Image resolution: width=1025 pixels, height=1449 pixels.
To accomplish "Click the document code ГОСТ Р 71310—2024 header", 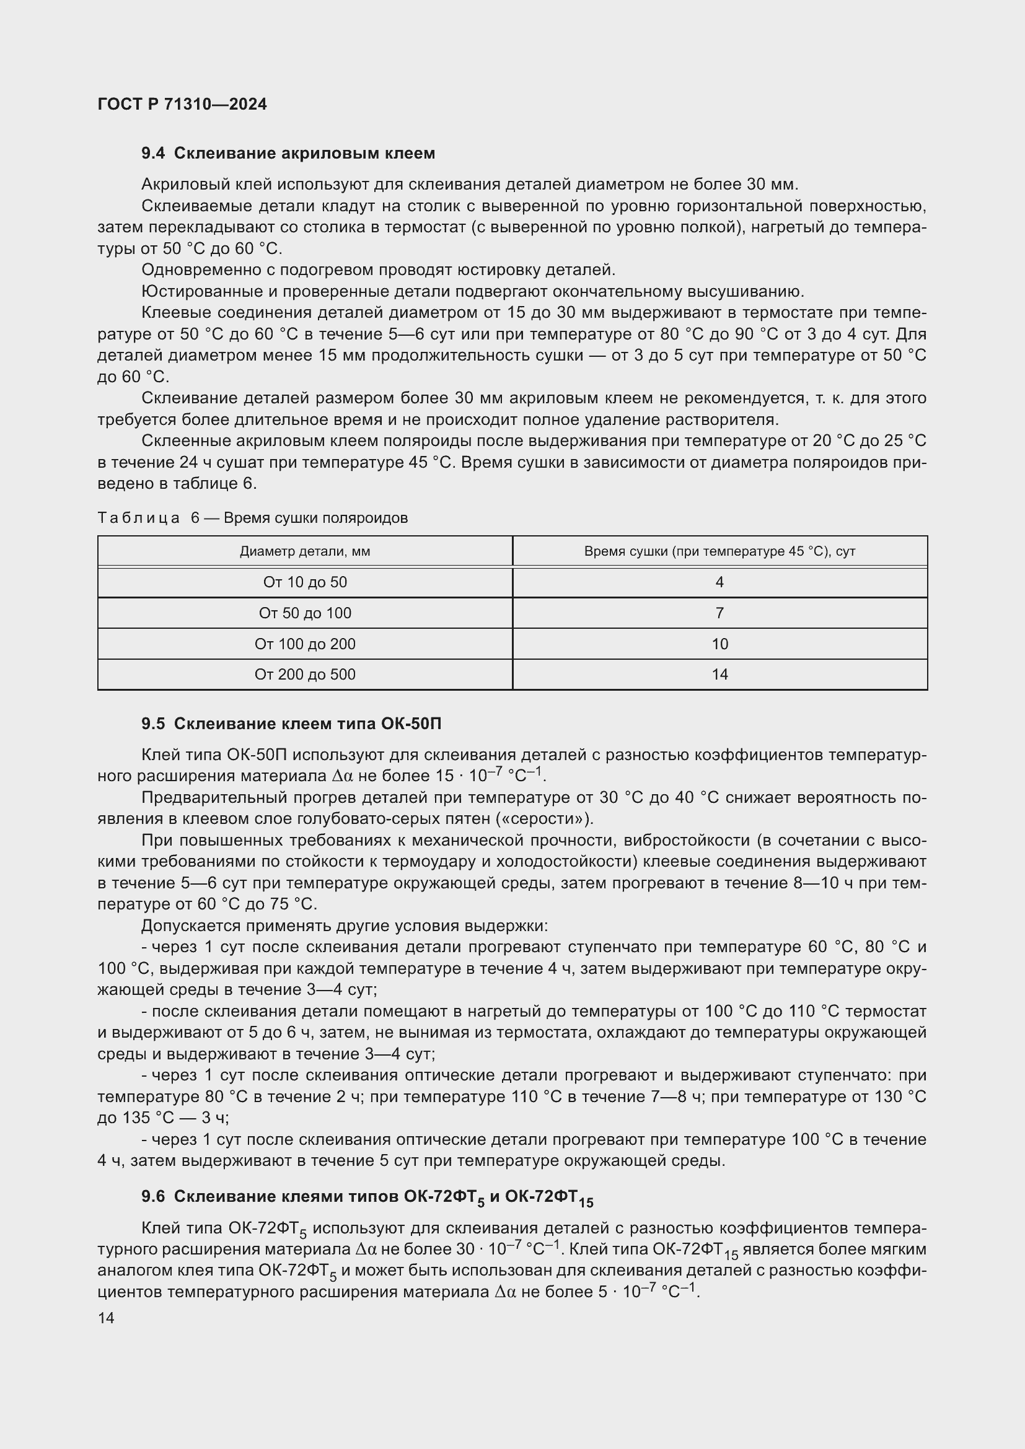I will (x=182, y=105).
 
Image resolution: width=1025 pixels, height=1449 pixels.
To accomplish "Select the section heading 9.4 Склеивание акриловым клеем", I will (x=288, y=154).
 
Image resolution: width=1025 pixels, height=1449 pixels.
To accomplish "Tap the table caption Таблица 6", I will (x=252, y=518).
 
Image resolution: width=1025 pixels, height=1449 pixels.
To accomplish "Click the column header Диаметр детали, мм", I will (x=305, y=551).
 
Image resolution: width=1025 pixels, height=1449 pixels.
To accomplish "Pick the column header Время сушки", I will (x=719, y=551).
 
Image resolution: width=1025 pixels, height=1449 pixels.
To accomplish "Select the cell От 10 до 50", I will (x=305, y=582).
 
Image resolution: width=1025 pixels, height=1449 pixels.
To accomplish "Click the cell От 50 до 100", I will (x=305, y=613).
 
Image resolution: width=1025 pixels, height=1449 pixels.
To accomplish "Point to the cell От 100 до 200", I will (x=305, y=644).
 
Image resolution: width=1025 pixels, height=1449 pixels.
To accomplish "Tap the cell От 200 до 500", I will (x=305, y=675).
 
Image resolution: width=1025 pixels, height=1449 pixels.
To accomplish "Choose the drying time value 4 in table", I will (x=719, y=582).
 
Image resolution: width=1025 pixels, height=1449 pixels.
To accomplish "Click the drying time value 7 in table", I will (x=719, y=613).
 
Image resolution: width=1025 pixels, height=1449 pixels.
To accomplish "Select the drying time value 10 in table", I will (x=719, y=644).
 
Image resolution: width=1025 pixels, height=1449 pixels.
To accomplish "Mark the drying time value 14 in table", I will (x=719, y=675).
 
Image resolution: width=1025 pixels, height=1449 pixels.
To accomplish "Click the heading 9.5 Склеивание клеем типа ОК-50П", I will (x=291, y=724).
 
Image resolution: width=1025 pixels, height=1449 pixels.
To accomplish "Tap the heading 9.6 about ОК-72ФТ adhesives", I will (x=367, y=1197).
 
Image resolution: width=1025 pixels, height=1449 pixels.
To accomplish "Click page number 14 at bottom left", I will (x=106, y=1318).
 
